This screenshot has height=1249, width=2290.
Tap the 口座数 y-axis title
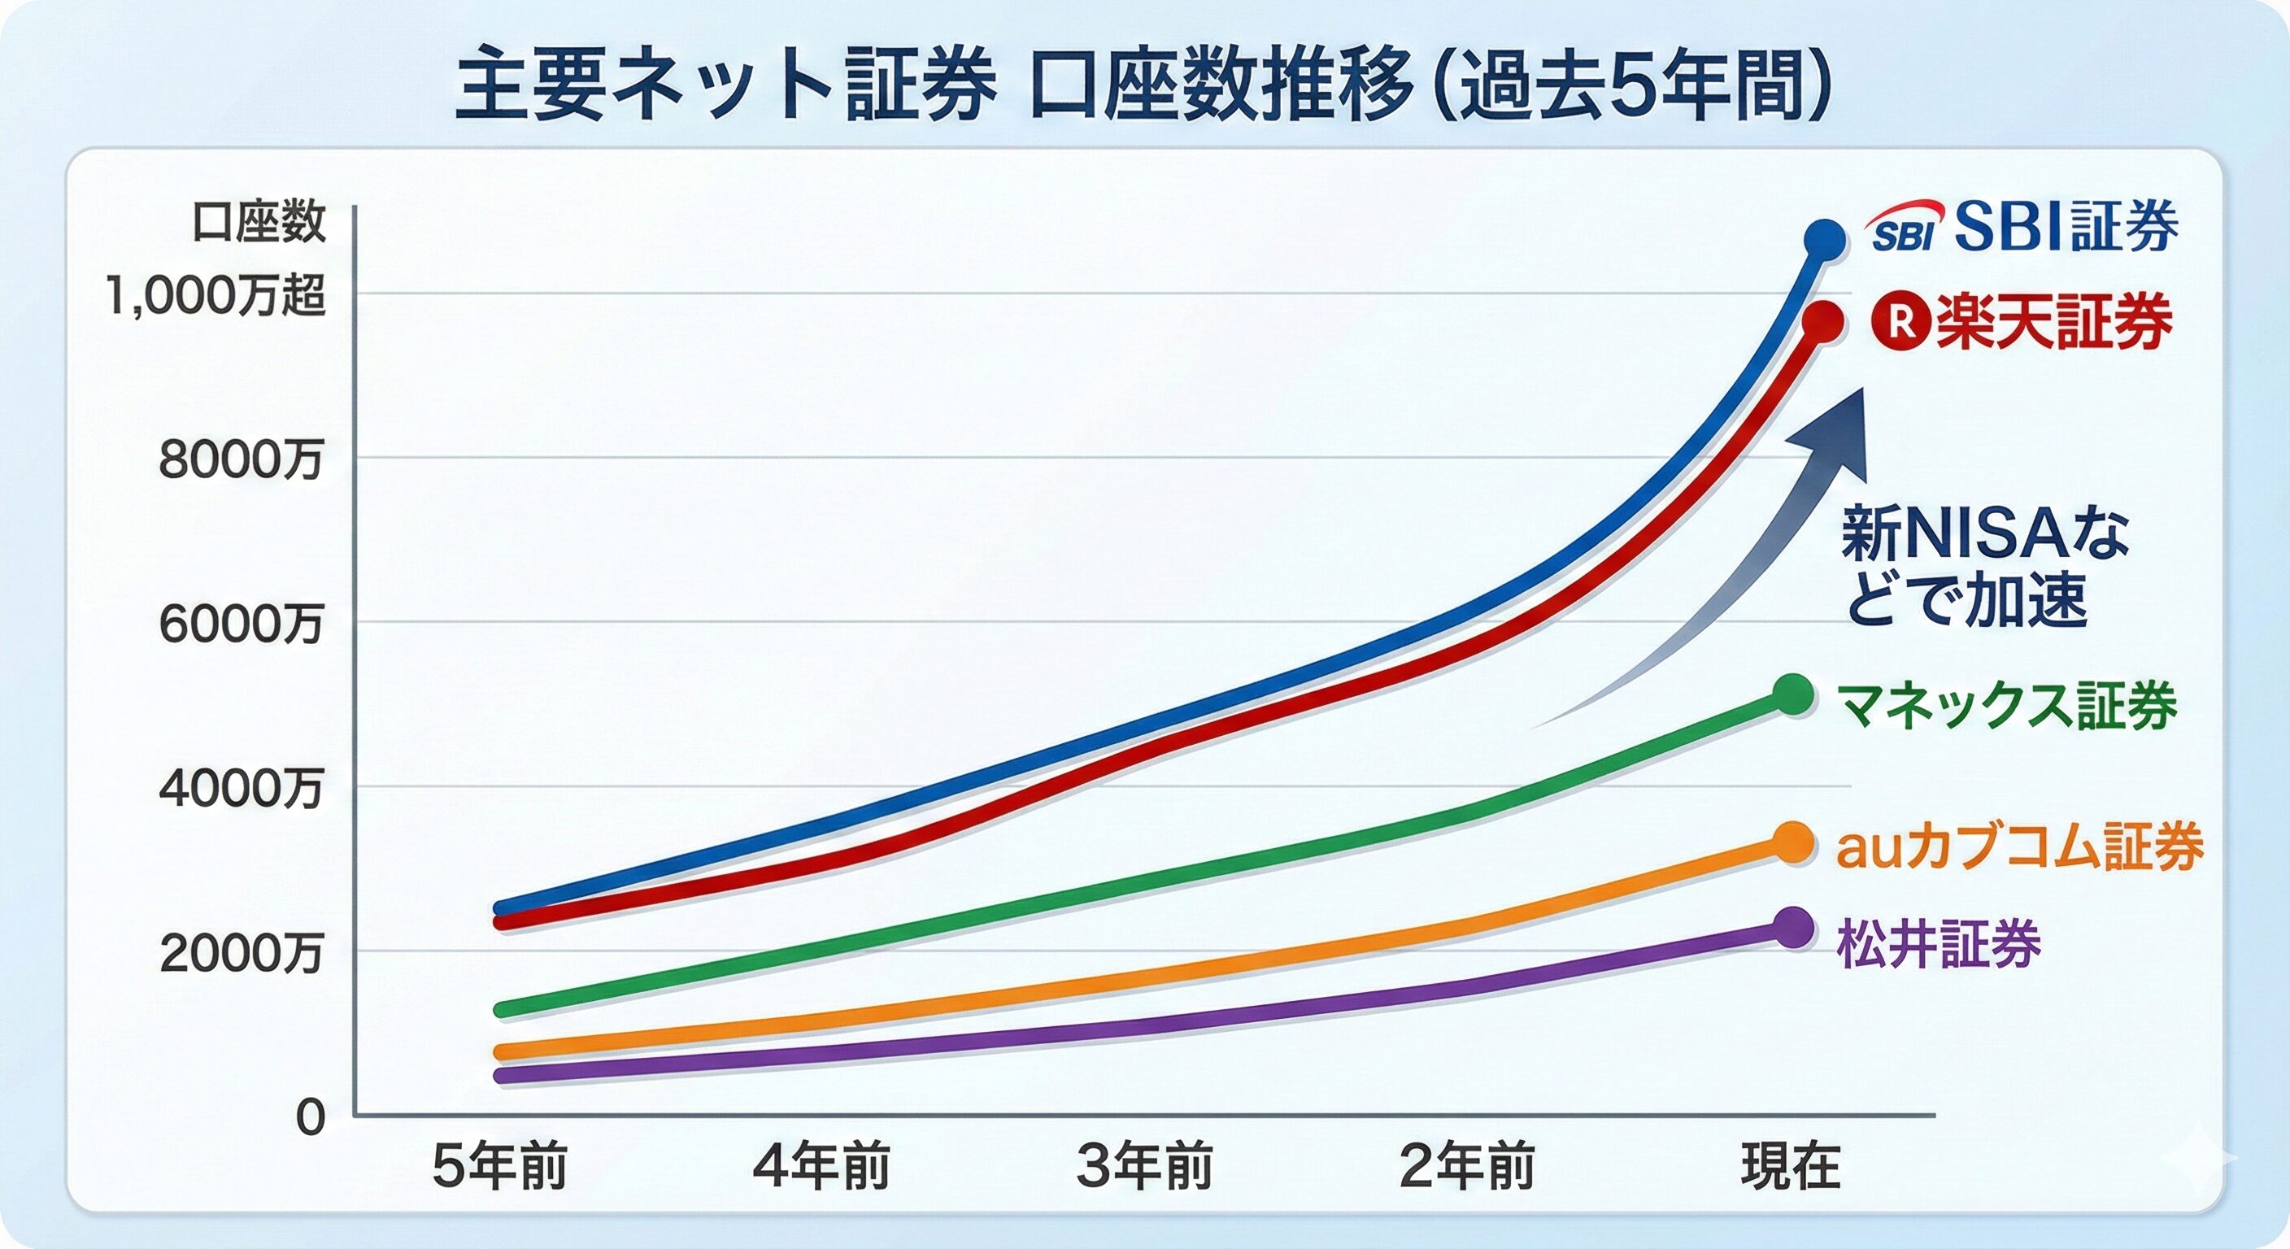(x=259, y=222)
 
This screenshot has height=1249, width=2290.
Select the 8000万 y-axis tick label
(x=241, y=459)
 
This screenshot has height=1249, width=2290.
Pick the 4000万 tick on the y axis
(x=241, y=788)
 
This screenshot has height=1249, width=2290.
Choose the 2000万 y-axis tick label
(x=241, y=953)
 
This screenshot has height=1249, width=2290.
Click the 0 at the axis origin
(x=311, y=1117)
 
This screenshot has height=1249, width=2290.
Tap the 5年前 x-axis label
(x=499, y=1166)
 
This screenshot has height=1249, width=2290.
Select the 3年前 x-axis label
(x=1145, y=1166)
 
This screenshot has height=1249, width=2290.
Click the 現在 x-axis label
(x=1791, y=1166)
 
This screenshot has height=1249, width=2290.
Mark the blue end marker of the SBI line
(x=1824, y=240)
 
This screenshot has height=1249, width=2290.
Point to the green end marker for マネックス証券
(x=1793, y=694)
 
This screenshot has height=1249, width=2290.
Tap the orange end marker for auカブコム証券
(x=1793, y=842)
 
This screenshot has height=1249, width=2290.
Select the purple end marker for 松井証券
(x=1793, y=928)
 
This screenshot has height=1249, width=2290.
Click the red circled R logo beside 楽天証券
(x=1901, y=322)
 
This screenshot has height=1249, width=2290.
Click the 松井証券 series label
(x=1939, y=943)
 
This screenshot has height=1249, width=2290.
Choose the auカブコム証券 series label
(x=2019, y=846)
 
